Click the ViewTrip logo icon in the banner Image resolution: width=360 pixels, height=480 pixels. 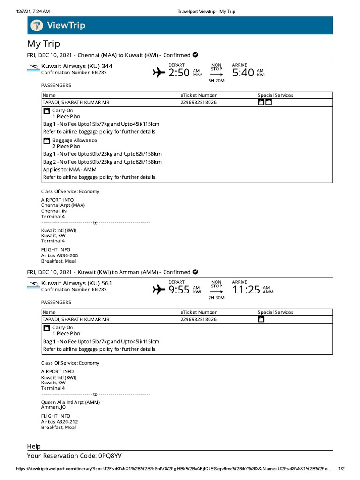(x=37, y=25)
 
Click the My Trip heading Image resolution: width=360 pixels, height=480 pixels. (x=44, y=44)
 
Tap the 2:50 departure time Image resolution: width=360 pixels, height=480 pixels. (x=179, y=73)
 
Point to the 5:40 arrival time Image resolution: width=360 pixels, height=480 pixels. (x=243, y=73)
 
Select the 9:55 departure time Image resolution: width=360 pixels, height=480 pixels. (x=179, y=290)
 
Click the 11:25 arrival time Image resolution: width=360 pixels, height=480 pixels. (x=246, y=290)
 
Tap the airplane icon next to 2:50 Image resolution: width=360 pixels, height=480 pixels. (x=159, y=73)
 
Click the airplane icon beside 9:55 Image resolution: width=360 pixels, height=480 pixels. (x=159, y=290)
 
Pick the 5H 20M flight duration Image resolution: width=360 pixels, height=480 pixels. (x=216, y=81)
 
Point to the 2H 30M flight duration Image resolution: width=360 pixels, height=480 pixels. (x=216, y=298)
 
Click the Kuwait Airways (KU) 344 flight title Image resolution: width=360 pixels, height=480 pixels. (x=77, y=66)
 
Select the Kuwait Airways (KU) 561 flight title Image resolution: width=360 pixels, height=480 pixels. (x=77, y=283)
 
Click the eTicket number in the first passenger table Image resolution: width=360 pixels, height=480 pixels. (x=198, y=102)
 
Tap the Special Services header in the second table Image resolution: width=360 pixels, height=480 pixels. (x=275, y=312)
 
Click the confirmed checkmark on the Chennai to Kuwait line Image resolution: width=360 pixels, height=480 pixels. (x=195, y=55)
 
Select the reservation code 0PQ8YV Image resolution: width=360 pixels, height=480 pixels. (x=111, y=455)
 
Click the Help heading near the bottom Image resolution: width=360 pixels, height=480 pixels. (x=34, y=446)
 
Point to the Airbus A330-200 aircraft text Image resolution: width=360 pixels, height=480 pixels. (x=60, y=255)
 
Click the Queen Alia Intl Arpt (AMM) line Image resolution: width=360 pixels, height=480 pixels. (x=70, y=402)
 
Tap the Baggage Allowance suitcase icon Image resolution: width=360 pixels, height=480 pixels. (x=46, y=140)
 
